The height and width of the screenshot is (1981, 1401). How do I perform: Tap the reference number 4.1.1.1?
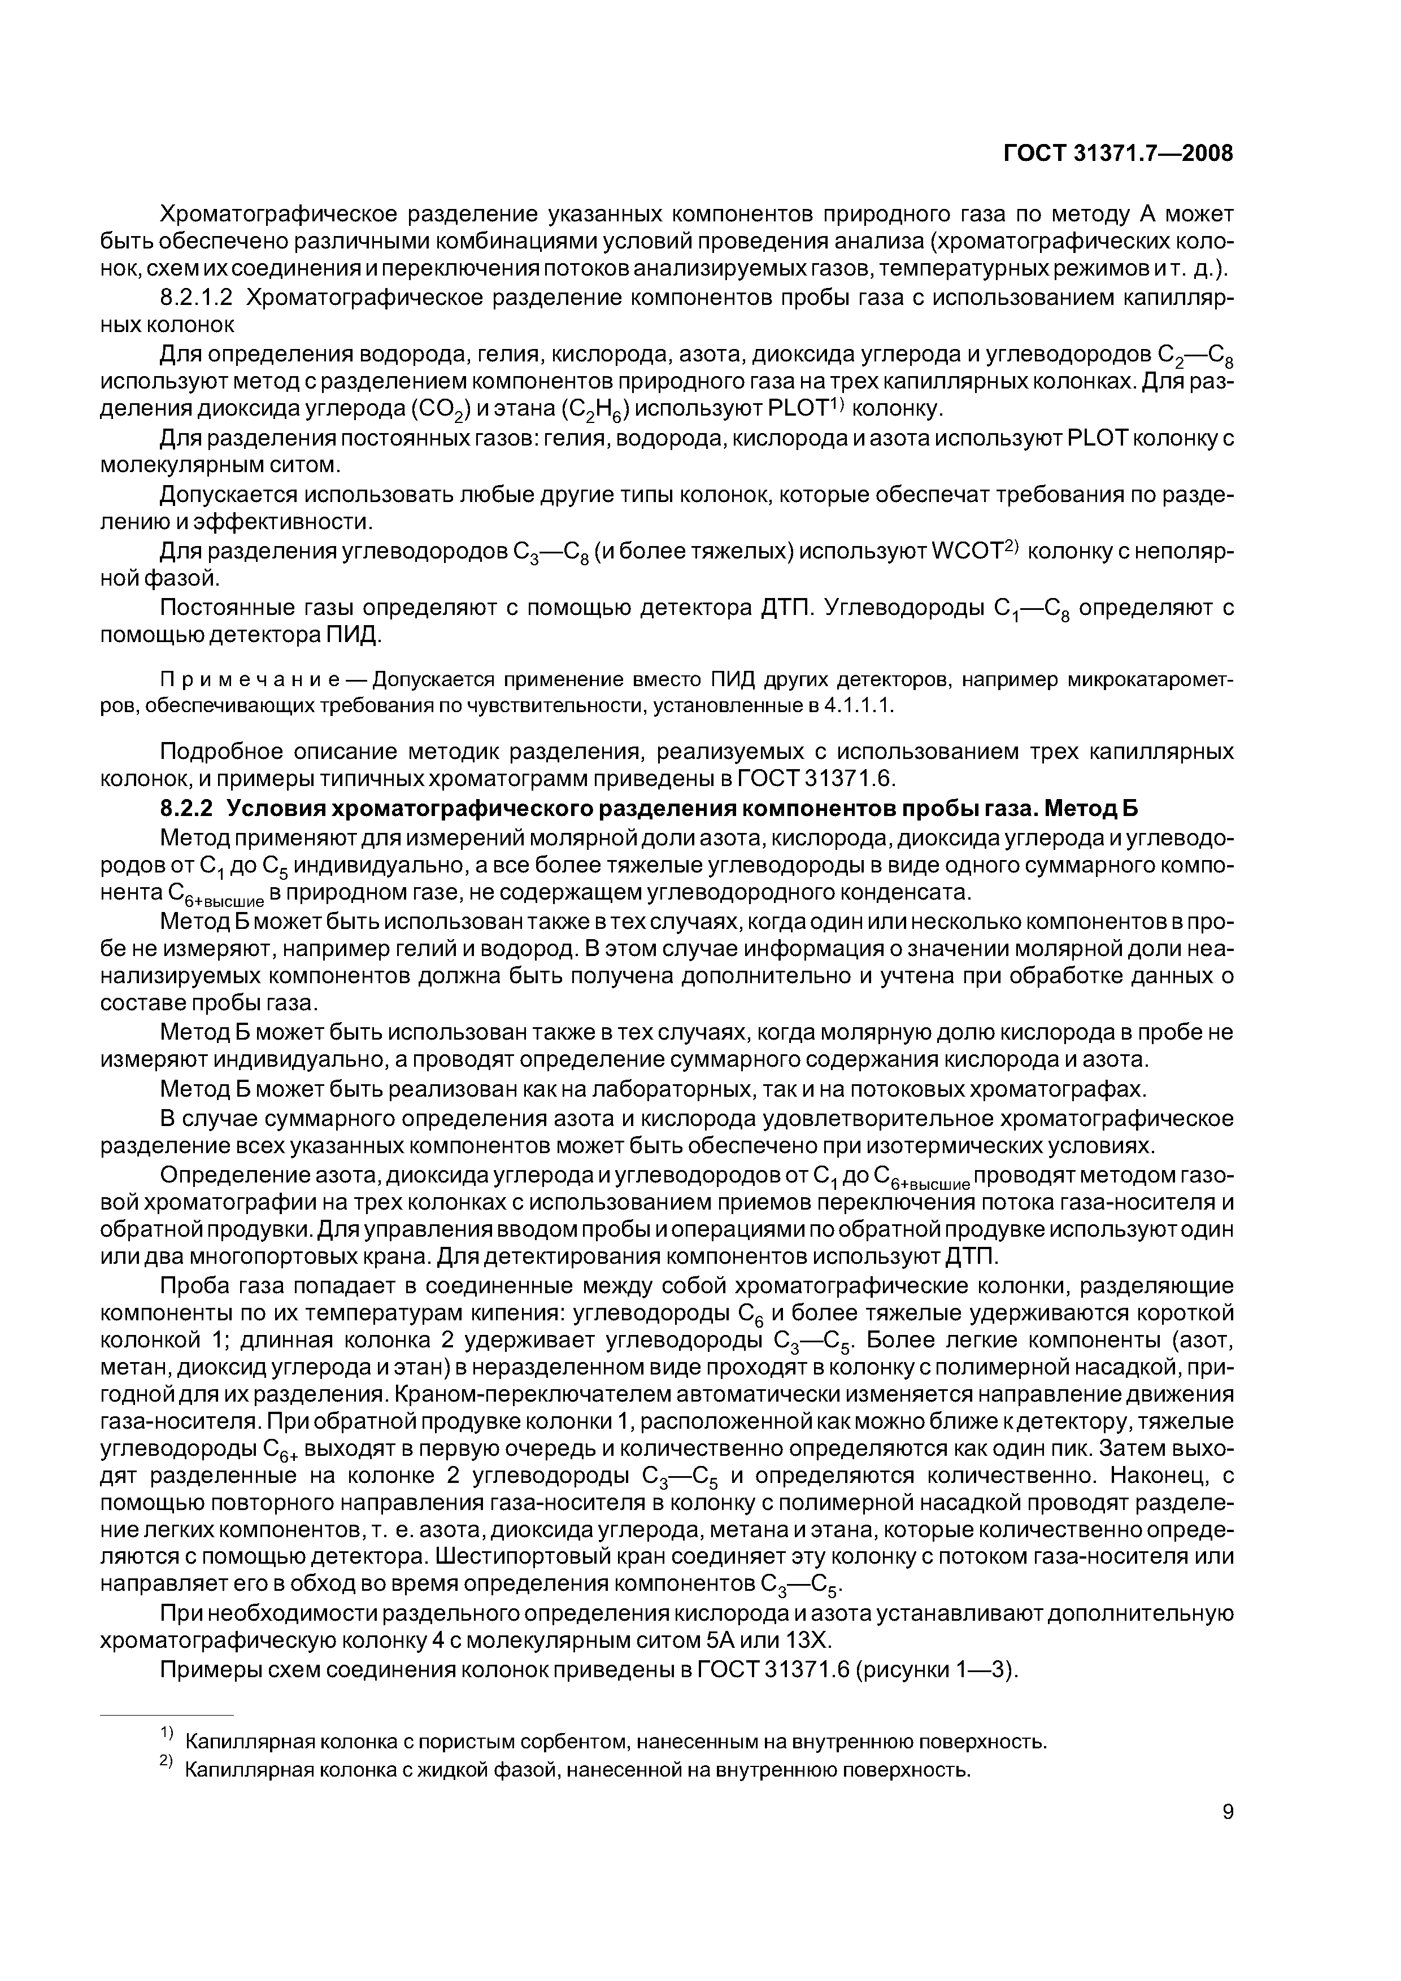point(859,706)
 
